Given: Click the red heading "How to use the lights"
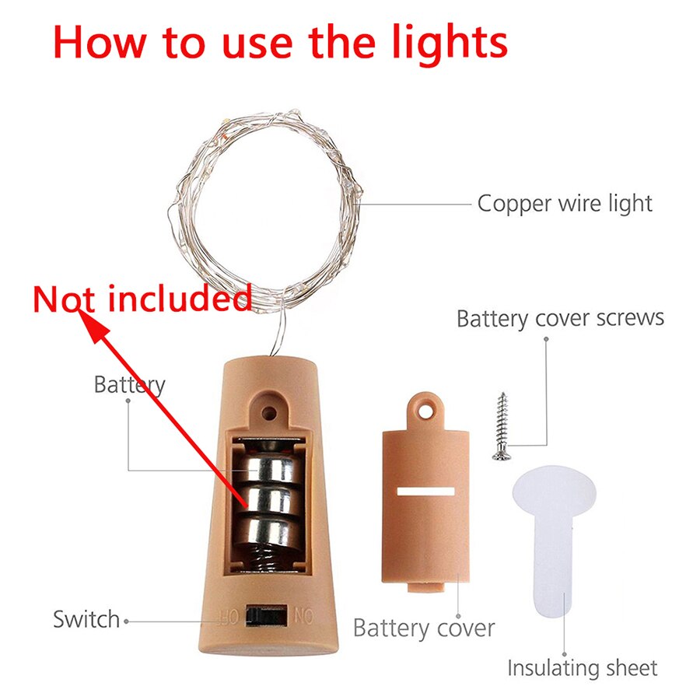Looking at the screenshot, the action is point(280,44).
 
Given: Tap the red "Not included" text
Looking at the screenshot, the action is point(143,299).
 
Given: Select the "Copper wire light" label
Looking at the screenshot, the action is point(565,204).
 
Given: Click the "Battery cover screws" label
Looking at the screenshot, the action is point(560,319).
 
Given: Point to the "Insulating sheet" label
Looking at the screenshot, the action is point(582,668).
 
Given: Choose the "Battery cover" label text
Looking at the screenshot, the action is point(424,628).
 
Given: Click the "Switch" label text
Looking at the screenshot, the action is point(86,620).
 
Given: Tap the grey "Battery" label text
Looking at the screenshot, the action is point(129,385).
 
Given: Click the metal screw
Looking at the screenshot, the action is point(502,426).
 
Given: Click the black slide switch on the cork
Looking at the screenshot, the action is point(267,617).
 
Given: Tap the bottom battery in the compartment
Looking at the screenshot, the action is point(268,530).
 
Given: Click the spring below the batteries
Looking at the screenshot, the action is point(268,557).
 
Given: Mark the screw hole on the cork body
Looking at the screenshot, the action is point(268,412).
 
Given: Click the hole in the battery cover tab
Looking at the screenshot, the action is point(426,411).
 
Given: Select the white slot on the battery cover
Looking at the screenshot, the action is point(425,492).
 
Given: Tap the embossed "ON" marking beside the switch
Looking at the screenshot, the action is point(303,617).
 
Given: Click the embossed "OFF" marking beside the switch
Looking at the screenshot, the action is point(228,617).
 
